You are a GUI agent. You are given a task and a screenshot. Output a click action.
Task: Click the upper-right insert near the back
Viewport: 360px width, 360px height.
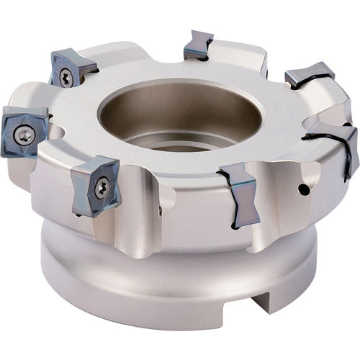tap(310, 75)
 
